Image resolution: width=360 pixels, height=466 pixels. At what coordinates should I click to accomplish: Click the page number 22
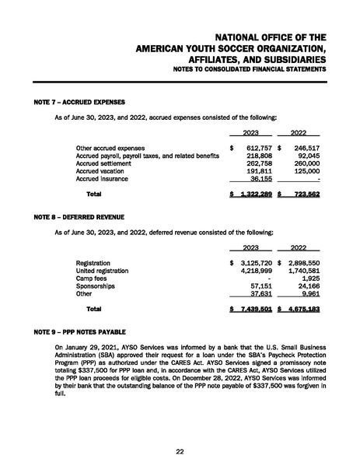click(180, 450)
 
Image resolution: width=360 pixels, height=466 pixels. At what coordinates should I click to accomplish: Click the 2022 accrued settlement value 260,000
click(302, 163)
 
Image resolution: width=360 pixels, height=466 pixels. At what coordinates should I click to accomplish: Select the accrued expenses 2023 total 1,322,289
click(252, 193)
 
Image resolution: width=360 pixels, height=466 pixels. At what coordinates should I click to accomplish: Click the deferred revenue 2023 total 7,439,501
click(252, 309)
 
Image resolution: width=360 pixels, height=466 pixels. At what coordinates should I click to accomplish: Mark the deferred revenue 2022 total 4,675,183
click(300, 309)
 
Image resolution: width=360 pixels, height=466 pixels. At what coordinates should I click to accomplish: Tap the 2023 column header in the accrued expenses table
click(251, 132)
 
